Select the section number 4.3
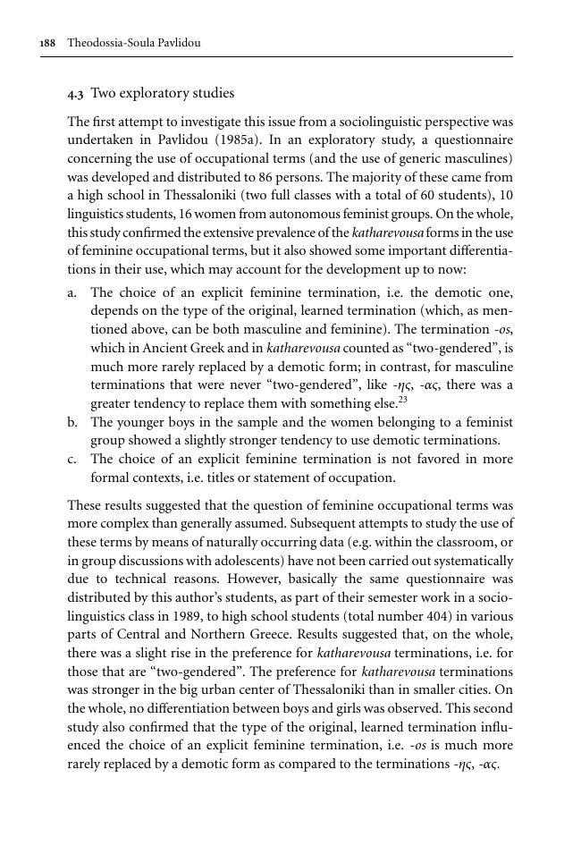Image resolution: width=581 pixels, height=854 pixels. point(76,94)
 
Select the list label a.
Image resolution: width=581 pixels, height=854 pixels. point(72,292)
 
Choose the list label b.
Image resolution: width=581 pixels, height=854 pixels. point(72,422)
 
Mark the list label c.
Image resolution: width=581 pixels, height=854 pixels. point(72,460)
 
